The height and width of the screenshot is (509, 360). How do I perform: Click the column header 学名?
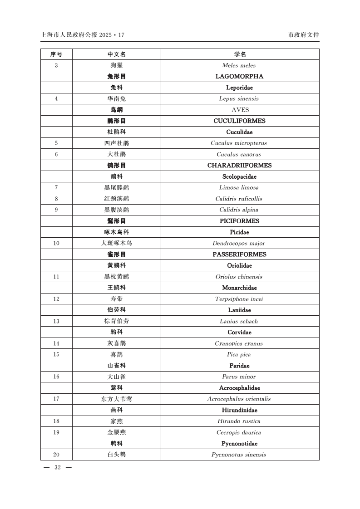point(240,54)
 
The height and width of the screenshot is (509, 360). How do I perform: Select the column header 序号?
point(56,54)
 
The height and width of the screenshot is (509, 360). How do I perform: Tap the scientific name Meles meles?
point(239,65)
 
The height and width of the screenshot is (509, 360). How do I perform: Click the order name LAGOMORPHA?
point(239,76)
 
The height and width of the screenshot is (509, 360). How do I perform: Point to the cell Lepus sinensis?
point(239,98)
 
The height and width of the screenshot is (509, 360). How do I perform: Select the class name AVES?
point(240,110)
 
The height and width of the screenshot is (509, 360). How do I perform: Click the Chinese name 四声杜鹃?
point(116,143)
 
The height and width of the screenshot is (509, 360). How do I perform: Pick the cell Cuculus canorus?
point(239,154)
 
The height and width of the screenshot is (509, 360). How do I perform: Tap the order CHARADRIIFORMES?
point(239,165)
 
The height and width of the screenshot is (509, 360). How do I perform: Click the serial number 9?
point(56,210)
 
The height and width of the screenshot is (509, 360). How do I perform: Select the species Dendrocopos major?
point(239,243)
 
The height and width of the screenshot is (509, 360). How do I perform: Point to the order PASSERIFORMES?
point(239,254)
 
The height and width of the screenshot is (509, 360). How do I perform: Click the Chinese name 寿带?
point(116,299)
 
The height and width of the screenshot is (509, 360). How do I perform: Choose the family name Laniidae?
point(239,310)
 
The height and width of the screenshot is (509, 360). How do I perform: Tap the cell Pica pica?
point(239,354)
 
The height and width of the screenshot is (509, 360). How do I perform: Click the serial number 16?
point(56,377)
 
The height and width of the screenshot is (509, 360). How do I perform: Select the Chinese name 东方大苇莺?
point(116,399)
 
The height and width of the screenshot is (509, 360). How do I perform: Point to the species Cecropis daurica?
point(239,432)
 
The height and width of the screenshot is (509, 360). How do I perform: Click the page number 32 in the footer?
point(57,468)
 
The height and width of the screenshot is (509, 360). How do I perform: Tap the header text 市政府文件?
point(303,35)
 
